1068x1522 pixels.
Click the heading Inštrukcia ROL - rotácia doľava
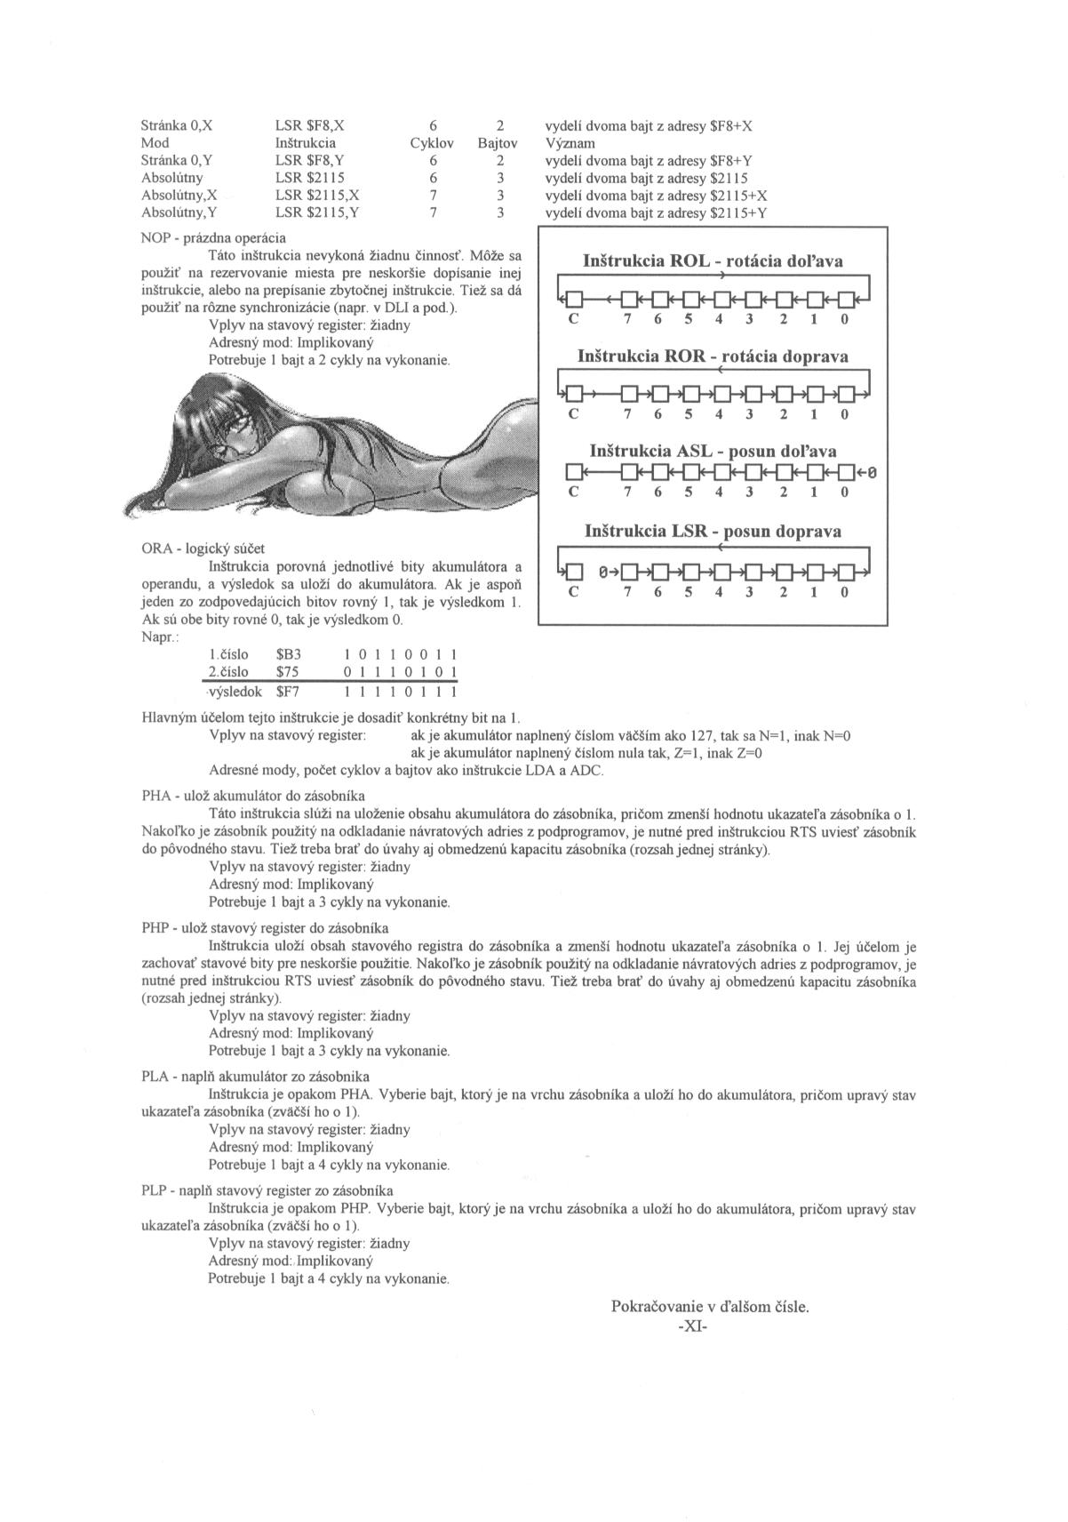[713, 261]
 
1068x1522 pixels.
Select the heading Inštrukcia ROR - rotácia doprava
[713, 356]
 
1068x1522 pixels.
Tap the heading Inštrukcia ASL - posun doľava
[713, 451]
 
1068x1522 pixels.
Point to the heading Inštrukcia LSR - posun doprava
[713, 532]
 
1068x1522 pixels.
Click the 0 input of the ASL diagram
[873, 472]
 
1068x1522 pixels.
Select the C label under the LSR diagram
[573, 592]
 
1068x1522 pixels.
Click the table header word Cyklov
[432, 143]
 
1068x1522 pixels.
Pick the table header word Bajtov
[498, 143]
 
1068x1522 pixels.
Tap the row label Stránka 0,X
[177, 126]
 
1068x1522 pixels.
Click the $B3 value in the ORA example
[289, 654]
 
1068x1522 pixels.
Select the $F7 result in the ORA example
[289, 690]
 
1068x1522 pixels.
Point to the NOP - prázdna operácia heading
[213, 238]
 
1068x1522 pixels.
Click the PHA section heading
[253, 796]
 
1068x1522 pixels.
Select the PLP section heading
[267, 1190]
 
